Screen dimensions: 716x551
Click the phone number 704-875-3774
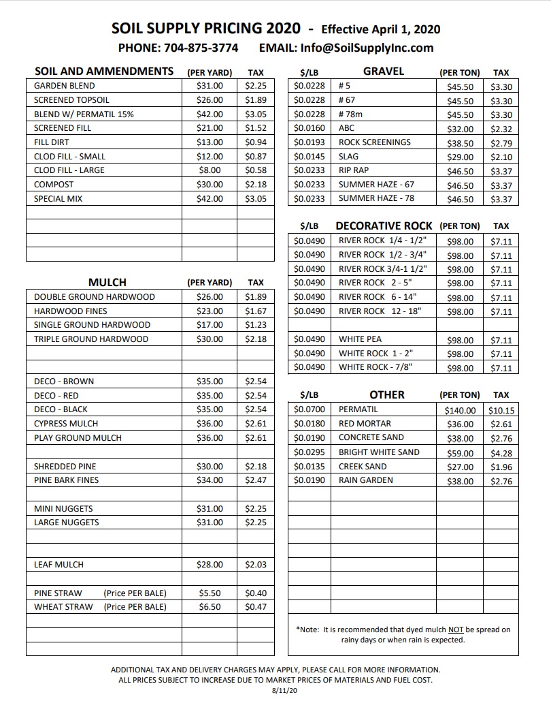201,48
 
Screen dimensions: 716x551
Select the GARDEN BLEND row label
65,86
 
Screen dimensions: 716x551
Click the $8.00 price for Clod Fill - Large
210,170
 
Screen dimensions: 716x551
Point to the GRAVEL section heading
384,71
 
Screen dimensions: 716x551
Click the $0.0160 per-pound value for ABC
310,128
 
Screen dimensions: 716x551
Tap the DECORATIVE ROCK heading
384,225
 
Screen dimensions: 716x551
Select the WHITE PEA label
360,339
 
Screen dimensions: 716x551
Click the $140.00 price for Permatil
460,411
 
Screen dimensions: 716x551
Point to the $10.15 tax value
501,411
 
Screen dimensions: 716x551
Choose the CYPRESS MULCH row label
66,424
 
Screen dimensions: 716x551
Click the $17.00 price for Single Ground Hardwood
210,325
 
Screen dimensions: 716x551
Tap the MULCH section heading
107,282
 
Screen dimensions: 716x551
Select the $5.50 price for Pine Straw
210,593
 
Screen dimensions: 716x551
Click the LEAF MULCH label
59,565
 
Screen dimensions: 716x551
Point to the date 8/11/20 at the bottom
275,690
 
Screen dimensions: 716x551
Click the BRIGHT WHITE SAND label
379,452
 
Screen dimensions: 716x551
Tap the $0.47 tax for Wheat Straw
256,607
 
